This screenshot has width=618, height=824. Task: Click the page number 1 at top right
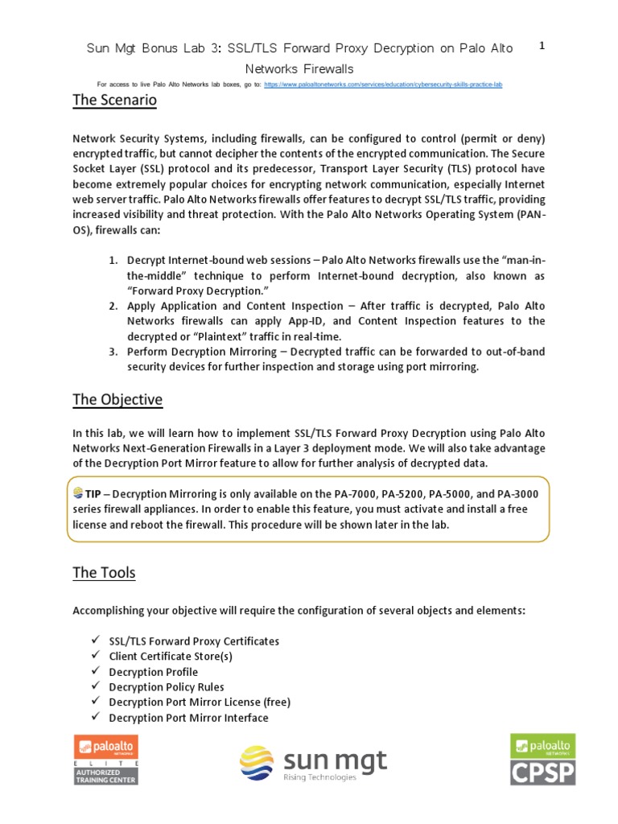pos(542,46)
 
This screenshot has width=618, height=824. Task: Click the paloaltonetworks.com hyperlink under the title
pos(382,84)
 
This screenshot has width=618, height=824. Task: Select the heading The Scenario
pos(114,101)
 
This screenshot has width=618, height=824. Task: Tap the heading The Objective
pos(117,399)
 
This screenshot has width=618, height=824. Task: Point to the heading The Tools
pos(104,573)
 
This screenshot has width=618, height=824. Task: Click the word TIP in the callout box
pos(93,493)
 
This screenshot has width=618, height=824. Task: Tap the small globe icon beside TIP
pos(78,492)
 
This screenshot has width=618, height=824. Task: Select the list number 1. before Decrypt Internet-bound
pos(113,260)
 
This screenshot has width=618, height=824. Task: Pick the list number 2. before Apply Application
pos(113,306)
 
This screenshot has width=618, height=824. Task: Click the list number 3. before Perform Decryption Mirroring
pos(113,352)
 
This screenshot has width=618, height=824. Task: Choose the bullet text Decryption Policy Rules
pos(167,687)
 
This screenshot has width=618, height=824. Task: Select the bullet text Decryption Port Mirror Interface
pos(188,718)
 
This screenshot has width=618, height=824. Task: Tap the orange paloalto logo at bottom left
pos(106,746)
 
